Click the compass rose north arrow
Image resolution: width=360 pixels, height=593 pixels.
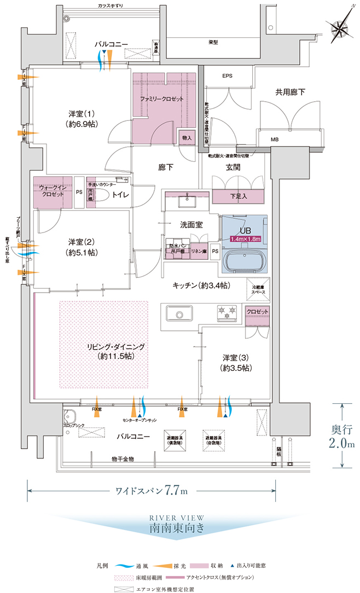(340, 27)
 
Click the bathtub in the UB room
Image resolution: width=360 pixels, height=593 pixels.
(245, 259)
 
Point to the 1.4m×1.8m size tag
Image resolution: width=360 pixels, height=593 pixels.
(245, 239)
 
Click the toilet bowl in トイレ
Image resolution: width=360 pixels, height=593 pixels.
(102, 200)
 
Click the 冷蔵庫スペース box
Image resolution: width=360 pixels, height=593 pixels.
(258, 290)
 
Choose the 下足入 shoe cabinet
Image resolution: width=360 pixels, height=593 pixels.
(237, 195)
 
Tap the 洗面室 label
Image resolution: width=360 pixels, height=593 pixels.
(191, 224)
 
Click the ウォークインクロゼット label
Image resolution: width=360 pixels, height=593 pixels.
(52, 191)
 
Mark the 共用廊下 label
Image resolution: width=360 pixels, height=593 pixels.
(290, 93)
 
